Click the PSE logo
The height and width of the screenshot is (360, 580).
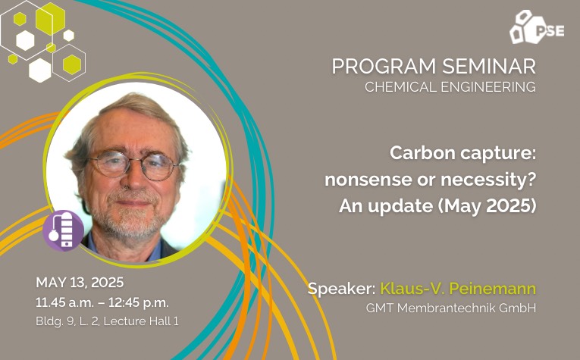(x=537, y=27)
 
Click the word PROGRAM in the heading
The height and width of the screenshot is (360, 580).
(x=384, y=67)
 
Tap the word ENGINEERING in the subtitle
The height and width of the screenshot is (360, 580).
(x=488, y=87)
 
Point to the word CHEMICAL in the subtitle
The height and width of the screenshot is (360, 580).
(x=401, y=87)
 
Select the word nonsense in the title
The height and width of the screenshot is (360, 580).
(x=373, y=180)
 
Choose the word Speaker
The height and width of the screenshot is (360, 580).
(x=341, y=289)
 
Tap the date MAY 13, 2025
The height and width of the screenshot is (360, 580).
(x=80, y=283)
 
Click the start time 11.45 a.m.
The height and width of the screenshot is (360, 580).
(x=65, y=302)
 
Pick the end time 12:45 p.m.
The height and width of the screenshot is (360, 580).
(x=138, y=302)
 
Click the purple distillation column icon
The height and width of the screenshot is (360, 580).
(x=64, y=230)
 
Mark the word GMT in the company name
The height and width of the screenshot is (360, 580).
(x=380, y=308)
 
